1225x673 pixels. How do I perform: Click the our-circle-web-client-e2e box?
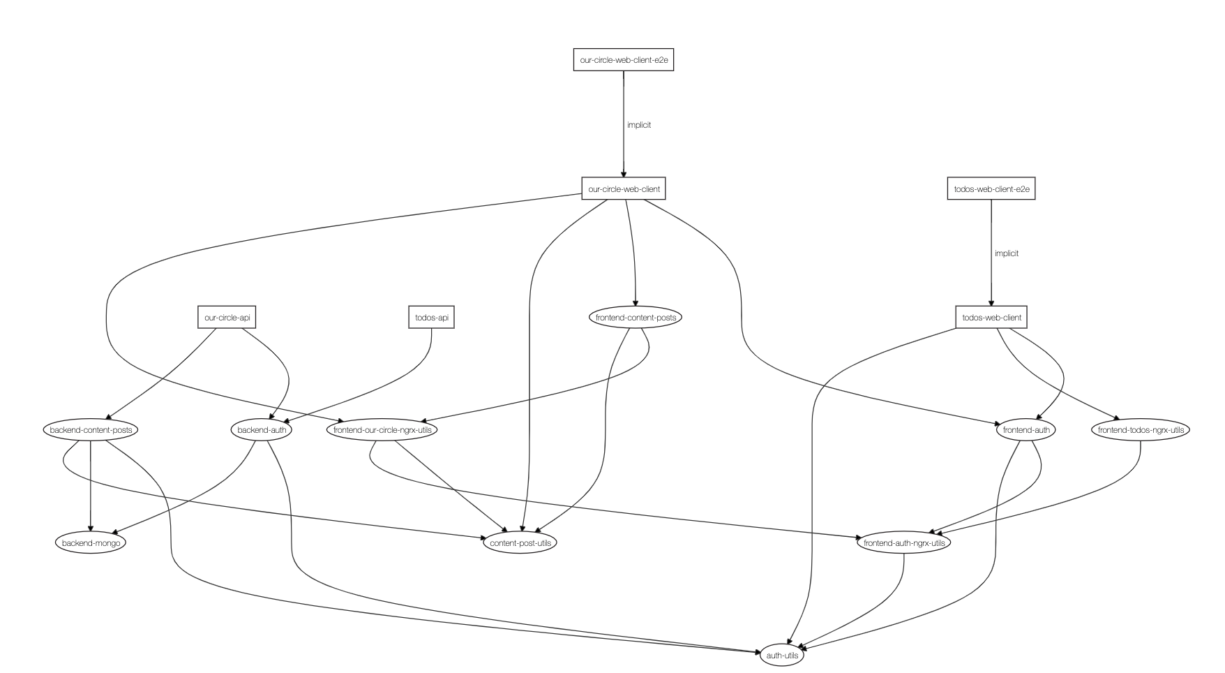pos(624,60)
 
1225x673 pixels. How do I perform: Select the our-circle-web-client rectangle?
pos(624,188)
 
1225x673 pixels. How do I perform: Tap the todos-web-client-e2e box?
pos(991,188)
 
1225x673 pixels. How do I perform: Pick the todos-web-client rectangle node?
pos(991,318)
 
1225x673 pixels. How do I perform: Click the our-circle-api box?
pos(227,318)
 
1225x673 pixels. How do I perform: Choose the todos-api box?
pos(431,318)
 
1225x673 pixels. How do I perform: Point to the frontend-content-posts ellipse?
pos(636,318)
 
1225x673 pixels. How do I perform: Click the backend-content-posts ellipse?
pos(91,430)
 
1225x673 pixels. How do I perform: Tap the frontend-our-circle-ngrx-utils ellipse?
pos(382,430)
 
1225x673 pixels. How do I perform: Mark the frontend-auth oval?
pos(1025,430)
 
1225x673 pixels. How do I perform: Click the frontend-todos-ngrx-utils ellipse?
pos(1140,430)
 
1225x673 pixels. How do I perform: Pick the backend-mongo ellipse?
pos(91,542)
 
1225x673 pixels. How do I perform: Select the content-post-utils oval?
pos(520,542)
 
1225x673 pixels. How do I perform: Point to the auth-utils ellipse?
pos(782,656)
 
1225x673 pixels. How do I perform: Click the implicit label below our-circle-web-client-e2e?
pos(638,125)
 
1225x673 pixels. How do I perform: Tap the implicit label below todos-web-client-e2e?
pos(1006,253)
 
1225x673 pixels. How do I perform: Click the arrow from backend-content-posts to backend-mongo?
pos(91,489)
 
